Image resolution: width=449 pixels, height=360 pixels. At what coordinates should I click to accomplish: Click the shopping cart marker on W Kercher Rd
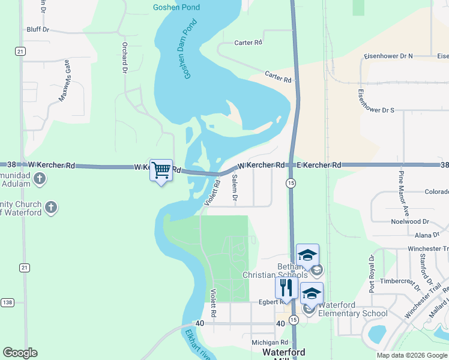coord(161,170)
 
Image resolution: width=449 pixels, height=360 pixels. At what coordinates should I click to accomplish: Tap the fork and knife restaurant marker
coord(286,287)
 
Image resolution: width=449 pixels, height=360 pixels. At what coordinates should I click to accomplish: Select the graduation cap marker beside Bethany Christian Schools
coord(307,255)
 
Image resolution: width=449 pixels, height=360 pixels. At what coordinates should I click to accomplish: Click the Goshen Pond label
coord(176,7)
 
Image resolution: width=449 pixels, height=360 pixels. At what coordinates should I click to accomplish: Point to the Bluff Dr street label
coord(38,28)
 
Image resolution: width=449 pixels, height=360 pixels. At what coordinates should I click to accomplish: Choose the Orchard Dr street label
coord(125,58)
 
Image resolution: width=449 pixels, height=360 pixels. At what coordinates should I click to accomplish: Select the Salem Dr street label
coord(235,187)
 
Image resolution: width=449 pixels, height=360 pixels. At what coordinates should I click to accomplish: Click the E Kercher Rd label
coord(319,164)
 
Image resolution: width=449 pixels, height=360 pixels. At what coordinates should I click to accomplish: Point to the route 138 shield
coord(8,302)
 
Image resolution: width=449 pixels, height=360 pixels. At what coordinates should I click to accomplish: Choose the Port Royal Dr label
coord(372,274)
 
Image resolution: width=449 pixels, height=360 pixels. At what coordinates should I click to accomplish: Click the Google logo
coord(20,353)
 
